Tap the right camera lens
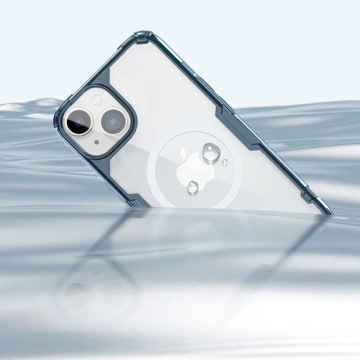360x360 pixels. point(111,121)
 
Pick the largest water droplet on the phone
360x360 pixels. point(210,152)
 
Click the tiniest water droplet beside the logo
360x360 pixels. point(225,163)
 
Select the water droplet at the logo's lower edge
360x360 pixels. point(193,187)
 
